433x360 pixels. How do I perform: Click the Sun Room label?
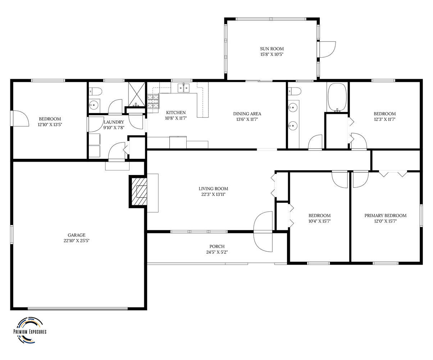pyautogui.click(x=272, y=49)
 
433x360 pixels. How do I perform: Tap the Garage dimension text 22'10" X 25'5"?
pyautogui.click(x=77, y=240)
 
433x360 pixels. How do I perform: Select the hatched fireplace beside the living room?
pyautogui.click(x=138, y=191)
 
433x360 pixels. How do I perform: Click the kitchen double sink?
pyautogui.click(x=184, y=88)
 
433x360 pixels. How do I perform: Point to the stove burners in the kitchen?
pyautogui.click(x=153, y=102)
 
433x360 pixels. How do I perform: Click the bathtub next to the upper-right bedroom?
pyautogui.click(x=337, y=98)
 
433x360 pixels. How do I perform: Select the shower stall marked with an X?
pyautogui.click(x=137, y=94)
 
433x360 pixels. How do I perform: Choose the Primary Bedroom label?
pyautogui.click(x=385, y=216)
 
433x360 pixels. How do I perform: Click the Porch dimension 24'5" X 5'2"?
pyautogui.click(x=217, y=252)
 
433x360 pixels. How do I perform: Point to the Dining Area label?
pyautogui.click(x=247, y=114)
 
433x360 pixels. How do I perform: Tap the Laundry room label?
pyautogui.click(x=114, y=122)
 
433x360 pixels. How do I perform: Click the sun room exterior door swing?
pyautogui.click(x=328, y=49)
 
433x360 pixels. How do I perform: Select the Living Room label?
pyautogui.click(x=213, y=189)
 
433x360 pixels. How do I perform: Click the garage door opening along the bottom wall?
pyautogui.click(x=78, y=309)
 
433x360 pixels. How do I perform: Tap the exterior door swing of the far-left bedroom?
pyautogui.click(x=20, y=118)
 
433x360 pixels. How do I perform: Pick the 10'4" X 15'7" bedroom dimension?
pyautogui.click(x=319, y=221)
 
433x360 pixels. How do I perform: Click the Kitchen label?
pyautogui.click(x=176, y=113)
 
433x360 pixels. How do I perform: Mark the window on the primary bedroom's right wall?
pyautogui.click(x=421, y=216)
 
